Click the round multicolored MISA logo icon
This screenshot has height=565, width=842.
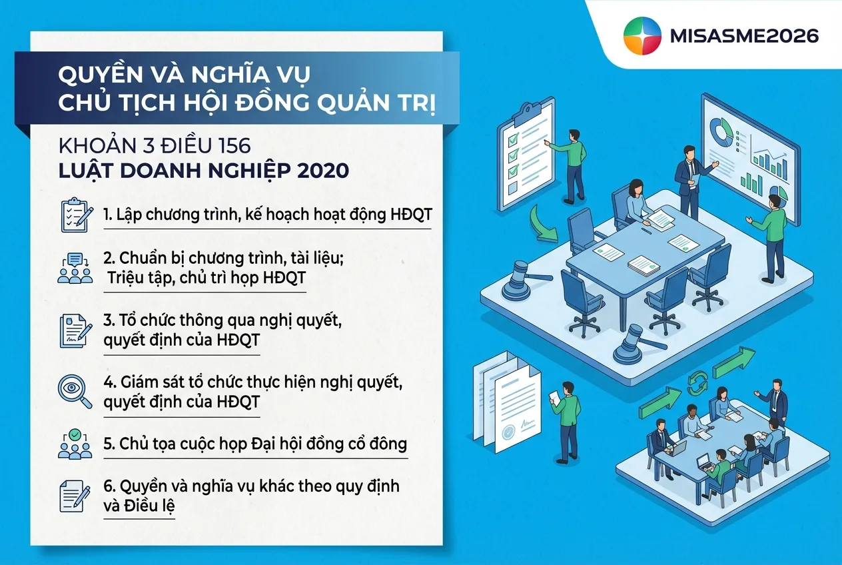[x=642, y=36]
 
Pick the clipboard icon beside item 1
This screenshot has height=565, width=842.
[x=74, y=215]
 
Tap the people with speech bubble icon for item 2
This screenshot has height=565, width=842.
[x=75, y=268]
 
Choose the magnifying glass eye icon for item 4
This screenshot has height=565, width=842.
[x=75, y=392]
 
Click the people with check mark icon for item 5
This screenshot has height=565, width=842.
[x=74, y=444]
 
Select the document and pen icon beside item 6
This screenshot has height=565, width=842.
[x=74, y=496]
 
